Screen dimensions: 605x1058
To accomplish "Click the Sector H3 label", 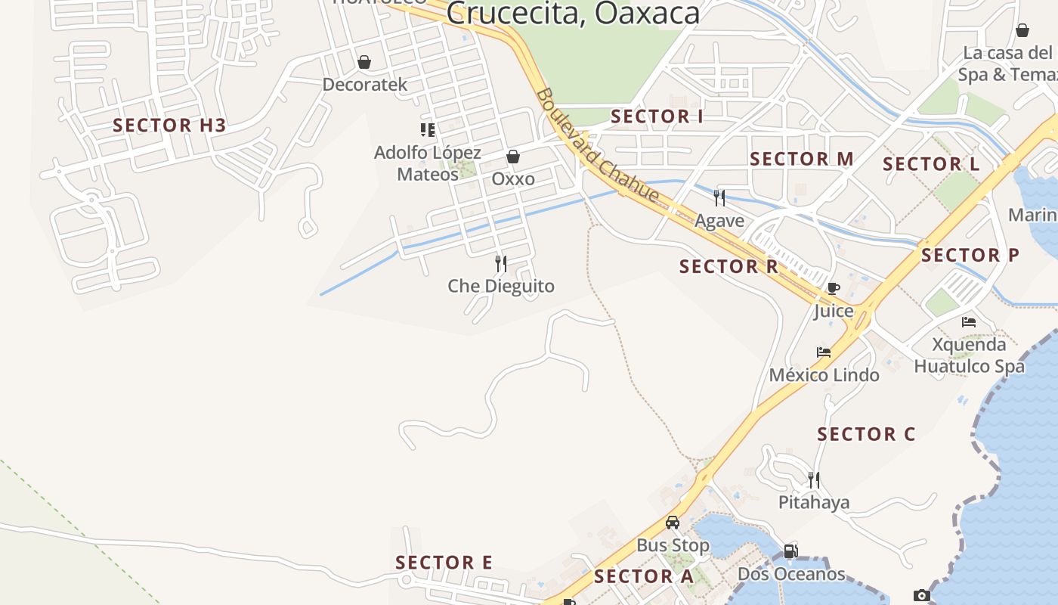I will click(169, 126).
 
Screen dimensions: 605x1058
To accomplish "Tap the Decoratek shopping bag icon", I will click(364, 62).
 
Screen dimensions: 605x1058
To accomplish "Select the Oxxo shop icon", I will click(513, 157).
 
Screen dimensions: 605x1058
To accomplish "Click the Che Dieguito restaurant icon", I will click(501, 263).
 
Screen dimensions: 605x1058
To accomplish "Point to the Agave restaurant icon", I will click(719, 198).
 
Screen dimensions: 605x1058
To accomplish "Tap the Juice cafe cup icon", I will click(834, 288).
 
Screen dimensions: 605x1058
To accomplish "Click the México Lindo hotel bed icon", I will click(824, 352).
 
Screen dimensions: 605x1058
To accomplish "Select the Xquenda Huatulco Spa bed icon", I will click(969, 321).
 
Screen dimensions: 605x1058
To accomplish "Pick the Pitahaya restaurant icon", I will click(814, 479).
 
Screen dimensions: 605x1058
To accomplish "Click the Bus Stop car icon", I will click(673, 522).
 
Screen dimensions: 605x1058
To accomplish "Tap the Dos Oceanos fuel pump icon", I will click(790, 551).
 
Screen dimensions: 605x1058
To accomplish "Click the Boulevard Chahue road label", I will click(597, 146).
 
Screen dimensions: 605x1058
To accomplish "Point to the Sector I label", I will click(657, 116).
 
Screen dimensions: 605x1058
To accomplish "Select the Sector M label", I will click(802, 159).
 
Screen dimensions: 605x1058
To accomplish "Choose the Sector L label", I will click(931, 164).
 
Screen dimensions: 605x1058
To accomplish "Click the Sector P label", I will click(970, 256).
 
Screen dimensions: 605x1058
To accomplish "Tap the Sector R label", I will click(729, 267).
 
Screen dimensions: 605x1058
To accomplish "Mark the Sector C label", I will click(866, 434).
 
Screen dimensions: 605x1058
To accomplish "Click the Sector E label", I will click(444, 563).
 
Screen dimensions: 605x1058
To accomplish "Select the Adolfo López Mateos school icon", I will click(428, 130).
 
